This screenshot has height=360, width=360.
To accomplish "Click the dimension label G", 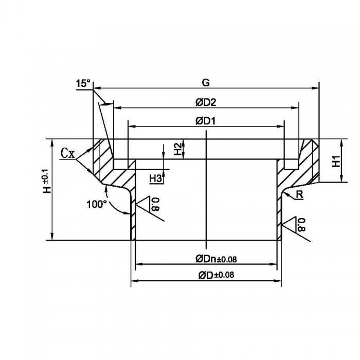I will (206, 82).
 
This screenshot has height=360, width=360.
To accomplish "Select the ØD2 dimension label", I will (206, 102).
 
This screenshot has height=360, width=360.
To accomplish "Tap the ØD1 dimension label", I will (206, 121).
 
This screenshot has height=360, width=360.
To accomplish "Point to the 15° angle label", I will (83, 83).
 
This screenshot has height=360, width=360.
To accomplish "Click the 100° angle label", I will (96, 204).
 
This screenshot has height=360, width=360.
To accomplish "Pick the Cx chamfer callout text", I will (68, 153).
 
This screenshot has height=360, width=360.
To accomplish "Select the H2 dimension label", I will (177, 149).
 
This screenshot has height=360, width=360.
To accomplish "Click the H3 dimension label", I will (156, 178).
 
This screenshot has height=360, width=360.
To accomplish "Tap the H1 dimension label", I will (336, 160).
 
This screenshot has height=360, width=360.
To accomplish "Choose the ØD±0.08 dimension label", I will (216, 275).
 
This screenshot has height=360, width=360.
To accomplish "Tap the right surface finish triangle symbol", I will (295, 224).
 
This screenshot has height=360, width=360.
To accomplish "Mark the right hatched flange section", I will (303, 167).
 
